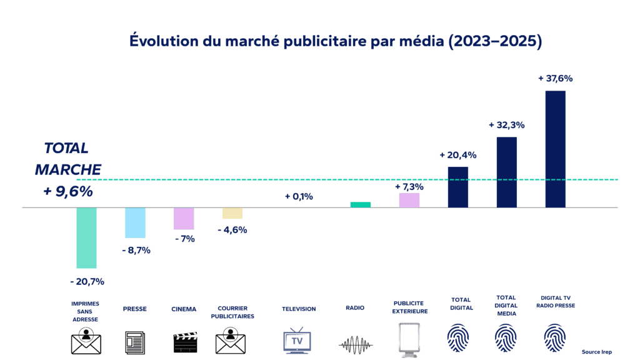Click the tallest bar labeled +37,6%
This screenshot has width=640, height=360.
coord(555,149)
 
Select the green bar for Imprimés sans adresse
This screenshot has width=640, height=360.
coord(86,237)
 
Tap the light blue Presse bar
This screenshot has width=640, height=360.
coord(135,222)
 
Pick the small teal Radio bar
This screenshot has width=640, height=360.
coord(360,204)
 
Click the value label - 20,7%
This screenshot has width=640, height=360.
coord(86,281)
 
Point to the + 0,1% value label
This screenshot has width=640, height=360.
coord(299,196)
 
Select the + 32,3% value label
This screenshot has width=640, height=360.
coord(506,125)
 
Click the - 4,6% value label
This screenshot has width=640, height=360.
coord(232,229)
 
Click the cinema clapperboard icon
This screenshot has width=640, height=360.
coord(184,342)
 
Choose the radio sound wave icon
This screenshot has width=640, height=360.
coord(355,344)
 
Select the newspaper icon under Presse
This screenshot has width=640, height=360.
coord(135,342)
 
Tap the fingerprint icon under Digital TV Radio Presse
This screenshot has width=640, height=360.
coord(556,339)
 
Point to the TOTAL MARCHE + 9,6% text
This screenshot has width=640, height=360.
coord(67,169)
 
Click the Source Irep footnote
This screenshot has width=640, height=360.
coord(595,352)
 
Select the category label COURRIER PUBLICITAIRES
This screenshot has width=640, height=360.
coord(235,312)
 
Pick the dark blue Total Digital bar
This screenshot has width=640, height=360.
coord(457,187)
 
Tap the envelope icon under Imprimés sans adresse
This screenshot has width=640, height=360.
coord(86,341)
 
